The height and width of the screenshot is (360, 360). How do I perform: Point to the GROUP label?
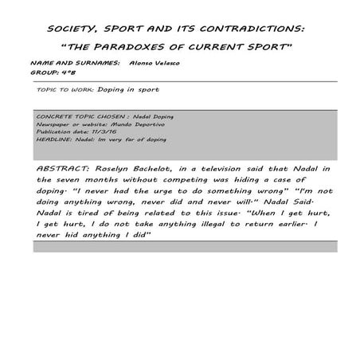click(x=45, y=70)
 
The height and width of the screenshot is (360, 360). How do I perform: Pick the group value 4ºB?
click(x=70, y=70)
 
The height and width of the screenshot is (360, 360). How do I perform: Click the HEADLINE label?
click(x=53, y=139)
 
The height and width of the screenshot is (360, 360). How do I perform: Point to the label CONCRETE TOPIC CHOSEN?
click(x=72, y=117)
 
